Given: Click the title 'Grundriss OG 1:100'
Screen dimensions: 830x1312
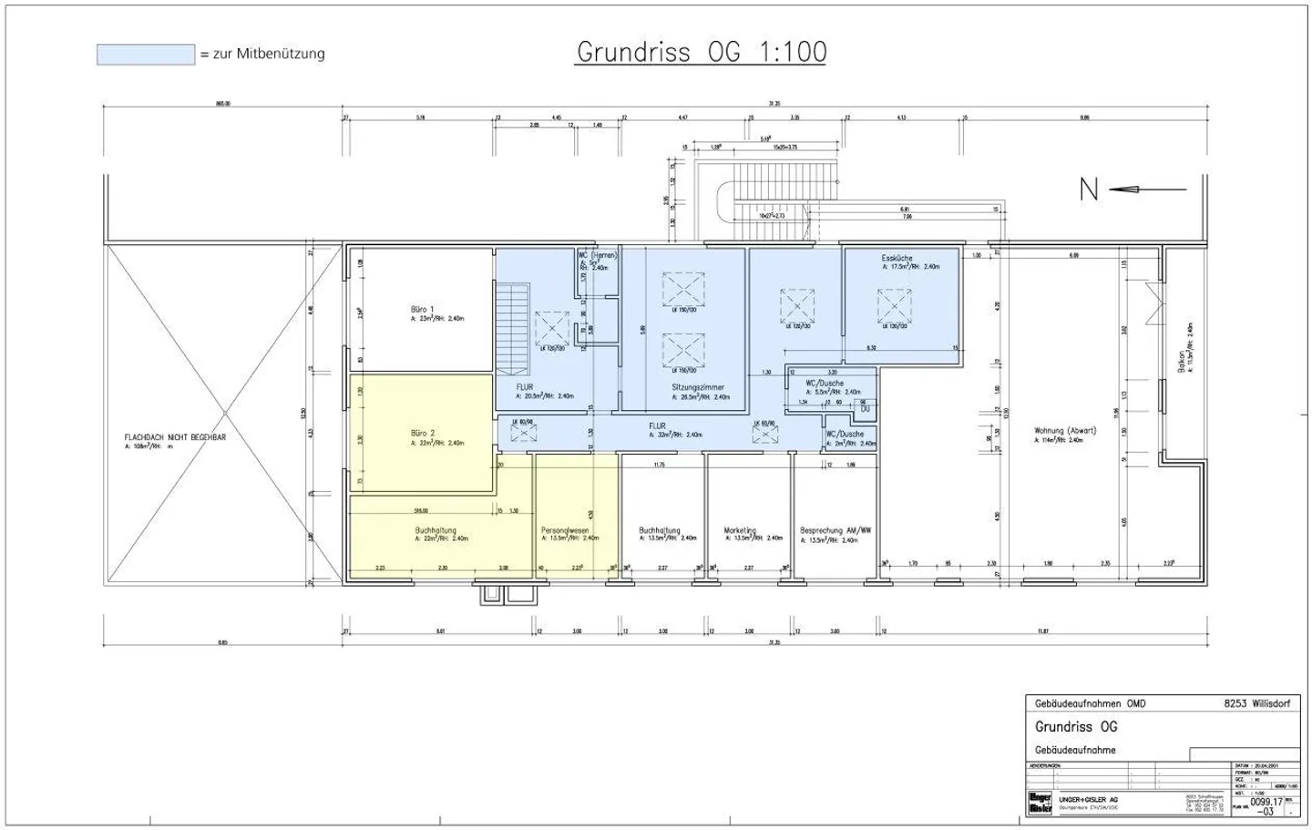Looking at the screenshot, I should click(702, 52).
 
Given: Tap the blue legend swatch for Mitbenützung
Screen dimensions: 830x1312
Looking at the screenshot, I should click(146, 55).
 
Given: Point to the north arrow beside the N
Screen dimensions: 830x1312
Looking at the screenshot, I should click(1149, 190).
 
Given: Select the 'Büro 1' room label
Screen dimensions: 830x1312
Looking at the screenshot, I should click(422, 310).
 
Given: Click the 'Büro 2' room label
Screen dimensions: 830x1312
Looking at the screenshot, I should click(423, 433).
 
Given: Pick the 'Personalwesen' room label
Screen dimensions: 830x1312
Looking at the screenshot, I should click(565, 530).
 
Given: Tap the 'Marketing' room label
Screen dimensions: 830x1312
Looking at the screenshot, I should click(740, 530).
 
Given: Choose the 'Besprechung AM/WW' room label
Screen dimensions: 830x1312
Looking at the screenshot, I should click(835, 530).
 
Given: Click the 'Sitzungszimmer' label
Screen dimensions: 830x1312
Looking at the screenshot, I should click(698, 387).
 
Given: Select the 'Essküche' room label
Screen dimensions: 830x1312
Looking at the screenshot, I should click(897, 259).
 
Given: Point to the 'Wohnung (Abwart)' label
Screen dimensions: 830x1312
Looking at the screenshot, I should click(1065, 431).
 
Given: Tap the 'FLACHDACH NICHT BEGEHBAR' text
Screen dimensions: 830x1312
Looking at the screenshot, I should click(175, 437).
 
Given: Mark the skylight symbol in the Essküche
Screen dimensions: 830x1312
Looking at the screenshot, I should click(894, 305).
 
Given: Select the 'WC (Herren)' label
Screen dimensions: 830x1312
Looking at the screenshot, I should click(597, 255).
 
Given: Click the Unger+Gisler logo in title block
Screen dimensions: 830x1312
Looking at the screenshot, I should click(1040, 802).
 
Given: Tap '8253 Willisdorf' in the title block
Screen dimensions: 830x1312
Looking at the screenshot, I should click(1257, 704).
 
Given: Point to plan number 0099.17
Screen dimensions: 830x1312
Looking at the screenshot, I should click(1266, 802).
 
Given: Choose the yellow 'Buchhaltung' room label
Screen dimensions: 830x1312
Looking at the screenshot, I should click(436, 530).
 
